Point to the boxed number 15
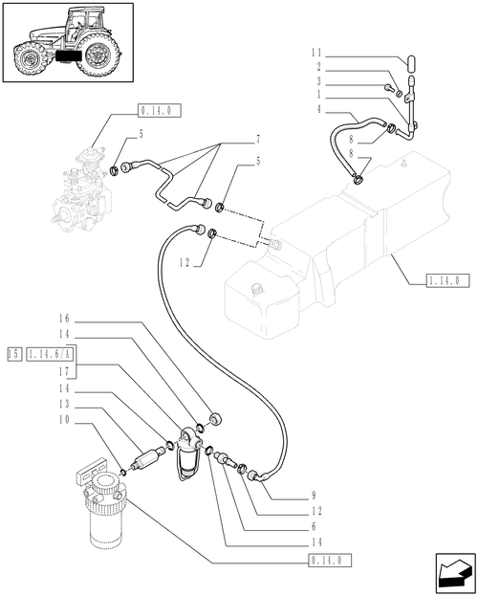[x=13, y=353]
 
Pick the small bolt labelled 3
[x=389, y=88]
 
